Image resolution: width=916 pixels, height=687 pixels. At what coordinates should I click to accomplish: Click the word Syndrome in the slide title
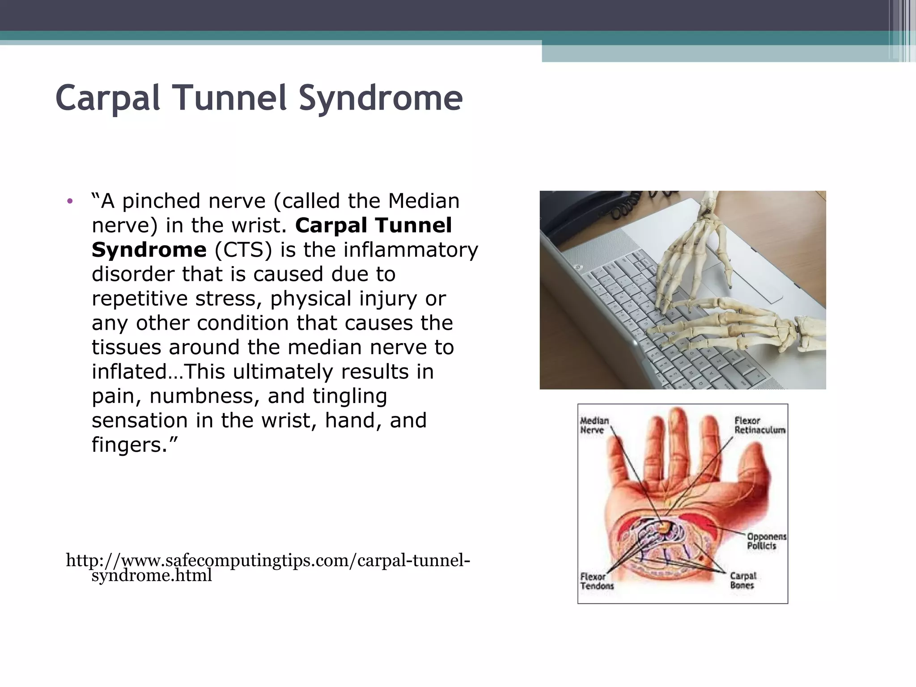(380, 98)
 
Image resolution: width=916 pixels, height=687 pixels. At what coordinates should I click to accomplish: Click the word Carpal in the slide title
(107, 98)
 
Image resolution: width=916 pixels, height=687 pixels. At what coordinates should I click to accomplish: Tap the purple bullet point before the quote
(69, 201)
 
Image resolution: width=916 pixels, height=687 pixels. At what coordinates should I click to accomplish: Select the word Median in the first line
(424, 201)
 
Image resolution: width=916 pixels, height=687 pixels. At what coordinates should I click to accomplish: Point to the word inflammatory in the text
(411, 250)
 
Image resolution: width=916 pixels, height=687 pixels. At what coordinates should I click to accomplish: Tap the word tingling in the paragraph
(350, 396)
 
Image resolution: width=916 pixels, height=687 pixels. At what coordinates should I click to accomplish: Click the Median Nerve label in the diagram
(594, 425)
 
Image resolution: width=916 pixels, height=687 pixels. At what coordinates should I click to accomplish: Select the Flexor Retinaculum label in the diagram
(759, 425)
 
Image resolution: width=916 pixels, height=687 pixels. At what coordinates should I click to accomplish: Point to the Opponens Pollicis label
(766, 541)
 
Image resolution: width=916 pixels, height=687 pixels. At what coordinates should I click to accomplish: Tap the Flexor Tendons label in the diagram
(597, 581)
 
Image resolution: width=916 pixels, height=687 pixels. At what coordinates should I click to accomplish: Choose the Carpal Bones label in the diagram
(743, 581)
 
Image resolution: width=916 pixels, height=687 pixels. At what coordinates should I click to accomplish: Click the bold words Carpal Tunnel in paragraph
(373, 225)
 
